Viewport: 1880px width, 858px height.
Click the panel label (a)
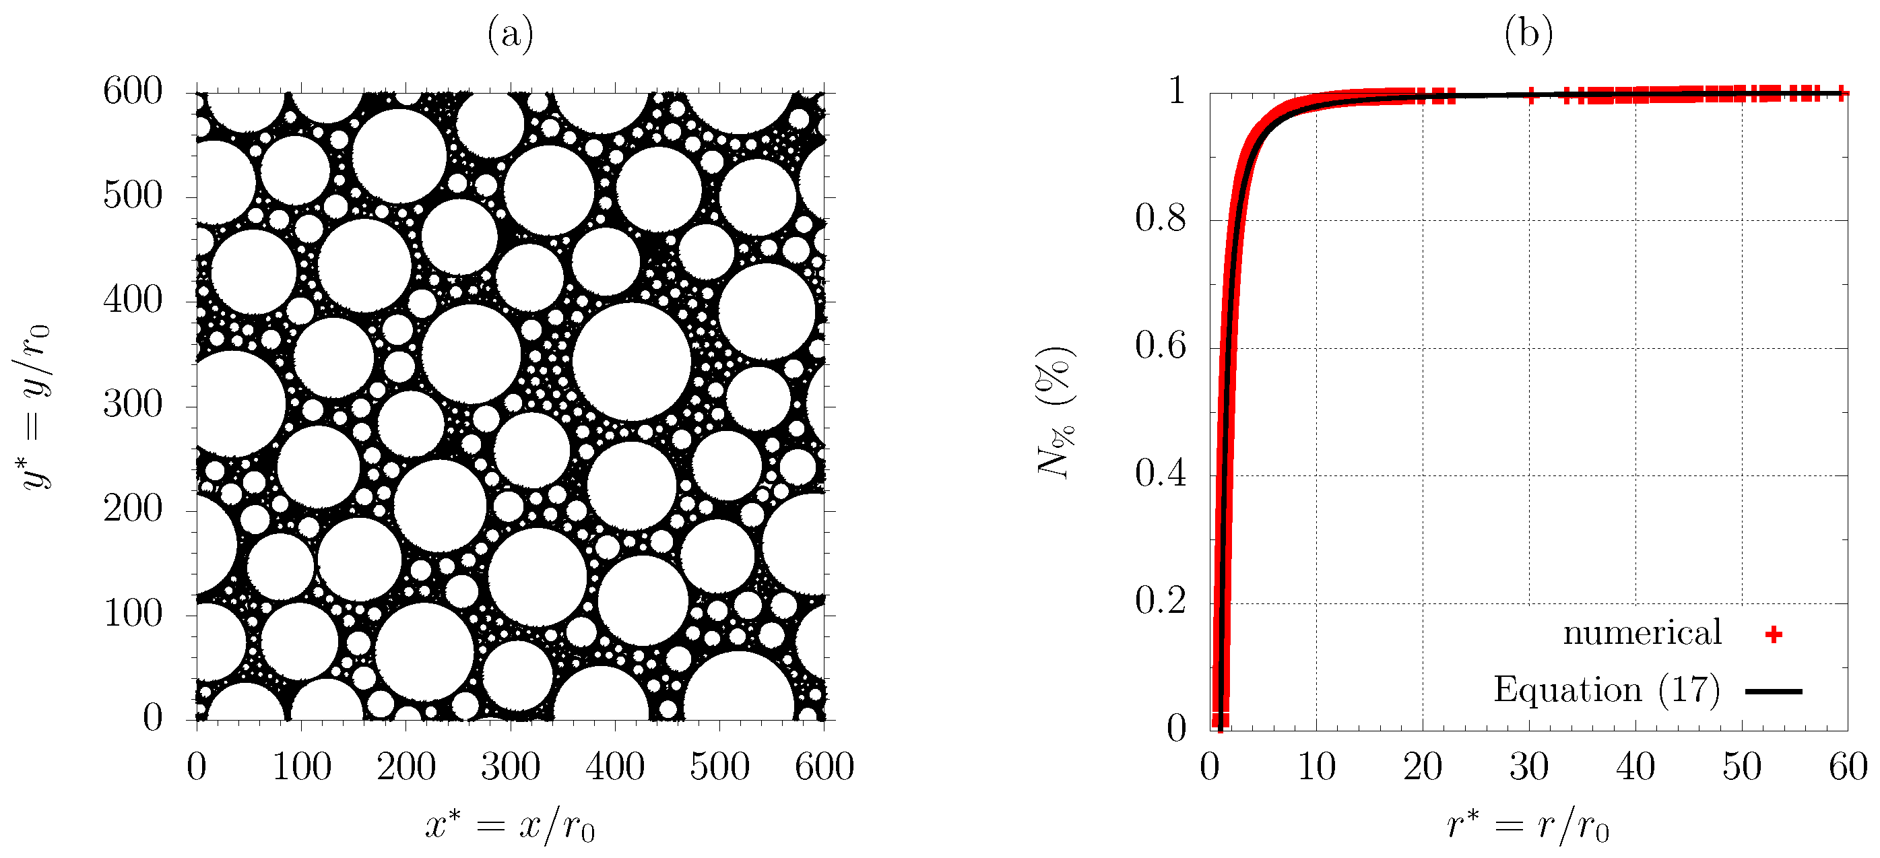point(510,34)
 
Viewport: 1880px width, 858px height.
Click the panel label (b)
point(1528,34)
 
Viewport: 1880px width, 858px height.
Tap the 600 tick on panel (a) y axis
point(133,92)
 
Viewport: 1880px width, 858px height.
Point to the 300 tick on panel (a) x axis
point(510,767)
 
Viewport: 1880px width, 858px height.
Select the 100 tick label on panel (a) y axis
point(133,614)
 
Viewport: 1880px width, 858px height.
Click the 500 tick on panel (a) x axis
point(719,767)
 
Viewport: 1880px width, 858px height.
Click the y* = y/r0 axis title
point(32,406)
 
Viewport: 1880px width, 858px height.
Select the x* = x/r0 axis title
point(510,826)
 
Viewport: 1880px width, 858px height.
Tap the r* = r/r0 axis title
point(1528,826)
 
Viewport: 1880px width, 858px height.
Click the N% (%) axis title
point(1056,412)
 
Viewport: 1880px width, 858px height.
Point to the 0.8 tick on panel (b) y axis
point(1161,219)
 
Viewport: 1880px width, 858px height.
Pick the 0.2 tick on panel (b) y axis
point(1161,602)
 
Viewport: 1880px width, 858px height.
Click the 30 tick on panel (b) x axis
point(1528,767)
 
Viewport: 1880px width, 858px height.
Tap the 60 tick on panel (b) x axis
point(1847,767)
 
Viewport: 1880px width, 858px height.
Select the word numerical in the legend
point(1642,632)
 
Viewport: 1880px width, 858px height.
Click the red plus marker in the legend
point(1774,634)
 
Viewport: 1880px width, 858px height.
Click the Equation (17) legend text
point(1607,690)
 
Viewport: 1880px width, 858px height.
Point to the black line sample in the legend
point(1774,691)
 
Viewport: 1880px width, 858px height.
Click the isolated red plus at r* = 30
point(1530,94)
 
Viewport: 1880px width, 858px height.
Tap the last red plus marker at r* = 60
point(1842,93)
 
